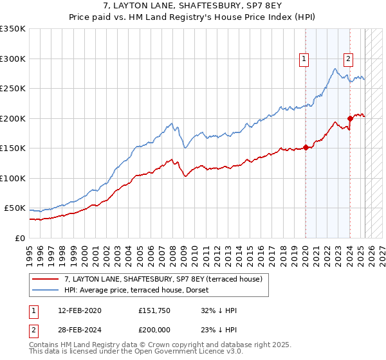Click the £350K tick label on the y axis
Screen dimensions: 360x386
[x=13, y=29]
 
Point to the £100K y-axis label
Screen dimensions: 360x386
[x=13, y=178]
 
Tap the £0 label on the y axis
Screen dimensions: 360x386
[x=21, y=238]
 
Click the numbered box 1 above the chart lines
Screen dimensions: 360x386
[x=304, y=59]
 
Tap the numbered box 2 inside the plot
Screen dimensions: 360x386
[x=348, y=59]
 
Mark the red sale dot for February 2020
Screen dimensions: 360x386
[x=306, y=147]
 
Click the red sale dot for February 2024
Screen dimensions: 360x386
[x=350, y=118]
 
